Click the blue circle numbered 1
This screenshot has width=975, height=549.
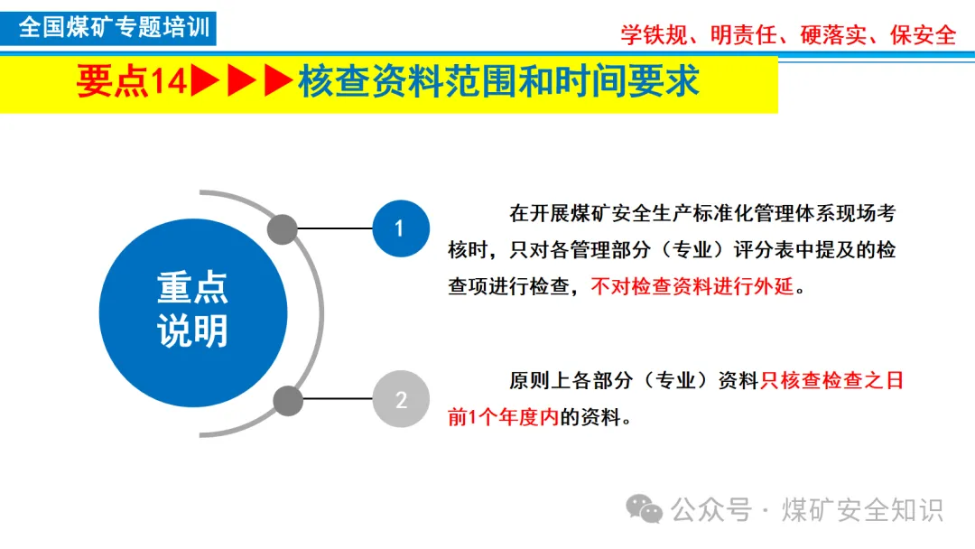coord(401,228)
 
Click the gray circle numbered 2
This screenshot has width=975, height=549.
coord(401,398)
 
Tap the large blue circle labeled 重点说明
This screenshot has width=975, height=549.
coord(193,312)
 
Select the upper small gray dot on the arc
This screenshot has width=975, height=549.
coord(283,229)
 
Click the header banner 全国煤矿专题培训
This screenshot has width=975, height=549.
coord(114,27)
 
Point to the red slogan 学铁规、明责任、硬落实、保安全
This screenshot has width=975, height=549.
coord(787,35)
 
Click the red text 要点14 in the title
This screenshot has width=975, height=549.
coord(131,82)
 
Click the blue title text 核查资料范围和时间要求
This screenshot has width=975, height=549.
coord(498,82)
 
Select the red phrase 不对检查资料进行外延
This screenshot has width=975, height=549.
coord(692,287)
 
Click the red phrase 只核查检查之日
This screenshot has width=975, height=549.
coord(831,381)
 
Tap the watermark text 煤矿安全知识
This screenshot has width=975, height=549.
coord(863,510)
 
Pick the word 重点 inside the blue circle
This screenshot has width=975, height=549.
coord(193,288)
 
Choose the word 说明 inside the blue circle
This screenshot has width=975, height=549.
coord(193,332)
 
